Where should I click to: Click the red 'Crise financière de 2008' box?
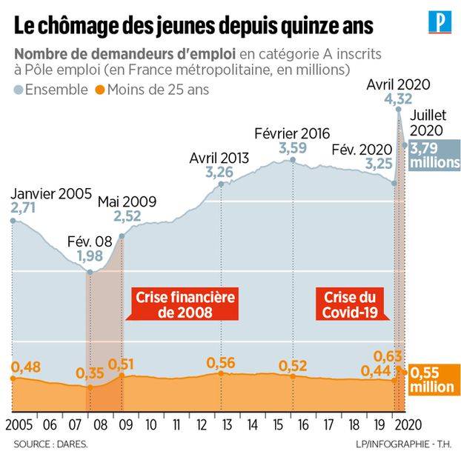[x=185, y=304]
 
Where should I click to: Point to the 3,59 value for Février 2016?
[x=292, y=149]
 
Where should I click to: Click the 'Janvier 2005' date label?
[x=50, y=195]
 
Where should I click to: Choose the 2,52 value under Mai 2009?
[x=127, y=217]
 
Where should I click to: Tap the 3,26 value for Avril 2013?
[x=219, y=173]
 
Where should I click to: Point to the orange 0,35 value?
[x=90, y=373]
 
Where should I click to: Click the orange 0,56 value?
[x=221, y=362]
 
